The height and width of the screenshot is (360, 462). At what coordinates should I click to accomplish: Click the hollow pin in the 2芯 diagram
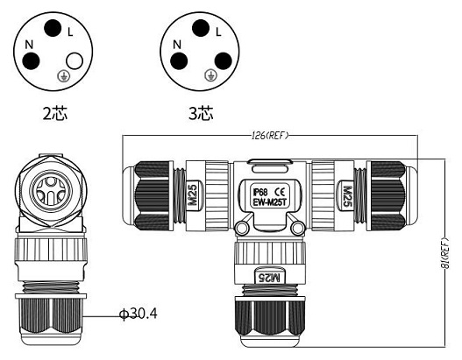pyautogui.click(x=75, y=61)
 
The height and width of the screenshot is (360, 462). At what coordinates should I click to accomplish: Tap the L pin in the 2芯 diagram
pyautogui.click(x=53, y=28)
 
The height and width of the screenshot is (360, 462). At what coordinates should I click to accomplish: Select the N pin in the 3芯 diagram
pyautogui.click(x=179, y=61)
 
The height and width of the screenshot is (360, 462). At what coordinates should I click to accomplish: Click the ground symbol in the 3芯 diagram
pyautogui.click(x=210, y=75)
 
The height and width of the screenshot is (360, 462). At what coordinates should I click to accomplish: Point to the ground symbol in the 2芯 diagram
pyautogui.click(x=63, y=75)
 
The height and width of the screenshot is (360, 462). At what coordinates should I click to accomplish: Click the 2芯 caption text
pyautogui.click(x=55, y=113)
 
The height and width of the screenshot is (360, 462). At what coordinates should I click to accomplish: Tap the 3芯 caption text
pyautogui.click(x=201, y=113)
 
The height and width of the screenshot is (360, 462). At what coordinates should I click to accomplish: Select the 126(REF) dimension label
pyautogui.click(x=270, y=136)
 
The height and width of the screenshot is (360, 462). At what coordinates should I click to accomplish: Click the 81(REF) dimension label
pyautogui.click(x=446, y=253)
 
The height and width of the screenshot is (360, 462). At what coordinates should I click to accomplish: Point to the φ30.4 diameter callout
pyautogui.click(x=138, y=314)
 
